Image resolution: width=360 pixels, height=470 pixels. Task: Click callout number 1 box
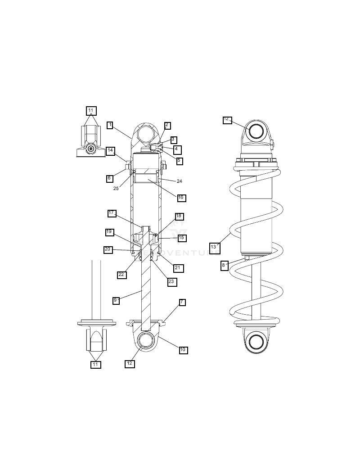(x=110, y=125)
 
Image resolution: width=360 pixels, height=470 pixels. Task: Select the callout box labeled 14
(x=110, y=151)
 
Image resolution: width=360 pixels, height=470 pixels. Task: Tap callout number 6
(x=110, y=178)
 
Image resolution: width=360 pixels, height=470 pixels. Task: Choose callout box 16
(x=181, y=198)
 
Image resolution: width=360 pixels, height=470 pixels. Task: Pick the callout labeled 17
(x=112, y=213)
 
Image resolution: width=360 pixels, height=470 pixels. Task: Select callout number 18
(x=179, y=217)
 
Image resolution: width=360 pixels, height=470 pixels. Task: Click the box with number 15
(x=182, y=238)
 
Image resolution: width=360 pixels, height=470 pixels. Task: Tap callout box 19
(x=109, y=232)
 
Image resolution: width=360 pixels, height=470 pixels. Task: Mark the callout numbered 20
(x=108, y=249)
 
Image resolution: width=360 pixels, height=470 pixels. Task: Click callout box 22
(x=121, y=275)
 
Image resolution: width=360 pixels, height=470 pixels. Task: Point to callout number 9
(x=116, y=300)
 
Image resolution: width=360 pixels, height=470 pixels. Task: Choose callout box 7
(x=182, y=303)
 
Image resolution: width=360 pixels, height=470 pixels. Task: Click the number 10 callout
(x=183, y=350)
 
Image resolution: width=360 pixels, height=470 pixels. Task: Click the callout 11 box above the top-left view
(x=91, y=111)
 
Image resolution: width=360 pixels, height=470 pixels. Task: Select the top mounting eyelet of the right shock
(x=256, y=131)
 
